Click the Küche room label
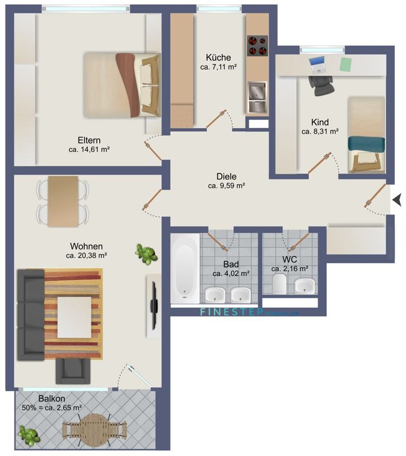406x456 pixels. (218, 57)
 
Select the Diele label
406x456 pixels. (226, 176)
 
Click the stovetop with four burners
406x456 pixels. (259, 46)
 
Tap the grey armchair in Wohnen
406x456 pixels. (72, 371)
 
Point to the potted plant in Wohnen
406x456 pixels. (146, 254)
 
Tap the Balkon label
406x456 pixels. (51, 398)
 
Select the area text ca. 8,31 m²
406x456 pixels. (320, 132)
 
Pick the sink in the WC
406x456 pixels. (305, 284)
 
